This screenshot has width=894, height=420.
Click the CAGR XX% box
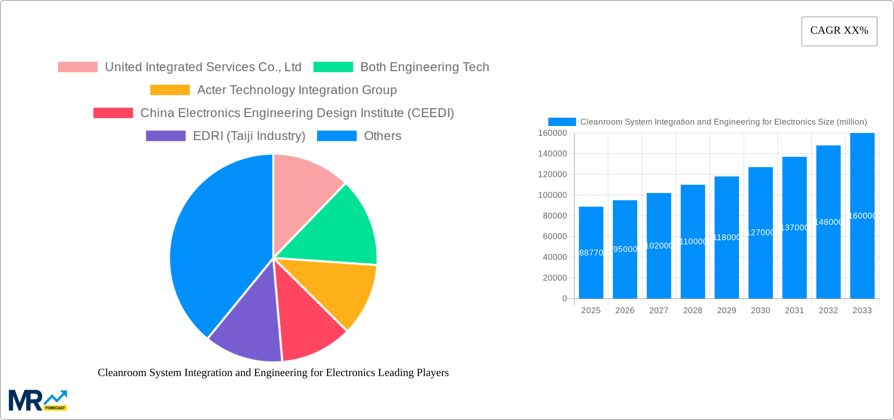[839, 31]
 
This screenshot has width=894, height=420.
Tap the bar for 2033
[862, 215]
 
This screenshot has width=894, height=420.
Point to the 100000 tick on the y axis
[552, 195]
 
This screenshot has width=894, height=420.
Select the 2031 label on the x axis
[794, 310]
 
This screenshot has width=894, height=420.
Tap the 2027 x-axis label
[659, 310]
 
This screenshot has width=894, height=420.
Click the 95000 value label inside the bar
[625, 249]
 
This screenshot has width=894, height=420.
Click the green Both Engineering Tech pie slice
[337, 228]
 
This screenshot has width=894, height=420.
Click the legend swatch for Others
[336, 136]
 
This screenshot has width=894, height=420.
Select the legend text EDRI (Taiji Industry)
[249, 136]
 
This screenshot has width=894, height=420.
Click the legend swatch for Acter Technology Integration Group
[170, 90]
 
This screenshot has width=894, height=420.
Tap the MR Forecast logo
[38, 400]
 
